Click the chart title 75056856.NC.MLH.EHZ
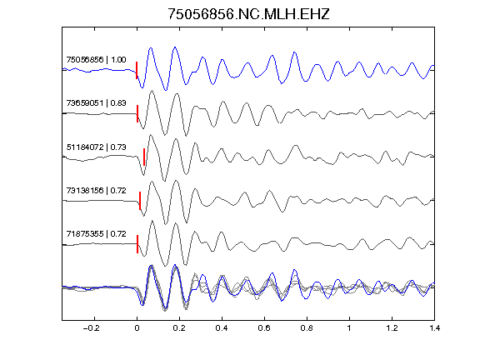[x=248, y=14]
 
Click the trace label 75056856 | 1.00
[x=96, y=59]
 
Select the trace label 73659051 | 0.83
[x=96, y=102]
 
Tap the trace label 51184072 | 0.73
[x=96, y=147]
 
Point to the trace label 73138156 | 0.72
[x=96, y=190]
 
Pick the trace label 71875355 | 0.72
[x=96, y=234]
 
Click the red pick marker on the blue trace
[x=137, y=70]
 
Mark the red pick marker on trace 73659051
[x=137, y=114]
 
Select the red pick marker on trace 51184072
[x=144, y=157]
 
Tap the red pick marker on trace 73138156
[x=140, y=201]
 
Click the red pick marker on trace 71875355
[x=137, y=244]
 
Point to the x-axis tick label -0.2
[x=92, y=328]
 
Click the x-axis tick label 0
[x=137, y=328]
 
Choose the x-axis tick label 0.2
[x=179, y=328]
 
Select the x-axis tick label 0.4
[x=222, y=328]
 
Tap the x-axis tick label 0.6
[x=264, y=328]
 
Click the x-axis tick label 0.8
[x=307, y=328]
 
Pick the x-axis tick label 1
[x=349, y=328]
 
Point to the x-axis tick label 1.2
[x=392, y=328]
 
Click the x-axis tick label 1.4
[x=434, y=328]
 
